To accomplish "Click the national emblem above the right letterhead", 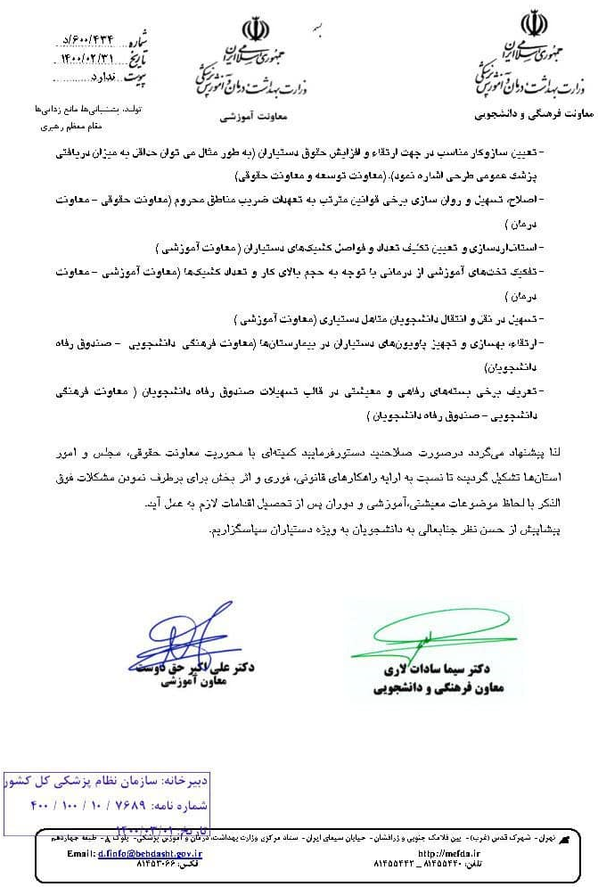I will click(x=535, y=23).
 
